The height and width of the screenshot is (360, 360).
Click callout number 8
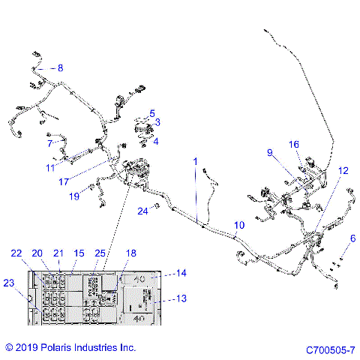[60, 68]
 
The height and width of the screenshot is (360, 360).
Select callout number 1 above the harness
[195, 161]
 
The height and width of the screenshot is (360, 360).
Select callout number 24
[142, 211]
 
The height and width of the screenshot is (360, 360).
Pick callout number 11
[50, 166]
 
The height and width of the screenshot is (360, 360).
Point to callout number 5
[152, 113]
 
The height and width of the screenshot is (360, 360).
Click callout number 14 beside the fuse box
[181, 274]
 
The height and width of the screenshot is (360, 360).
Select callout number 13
[181, 298]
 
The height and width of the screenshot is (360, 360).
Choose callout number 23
[8, 283]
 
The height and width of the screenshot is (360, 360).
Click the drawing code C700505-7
[329, 349]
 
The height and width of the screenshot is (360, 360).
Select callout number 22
[16, 255]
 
